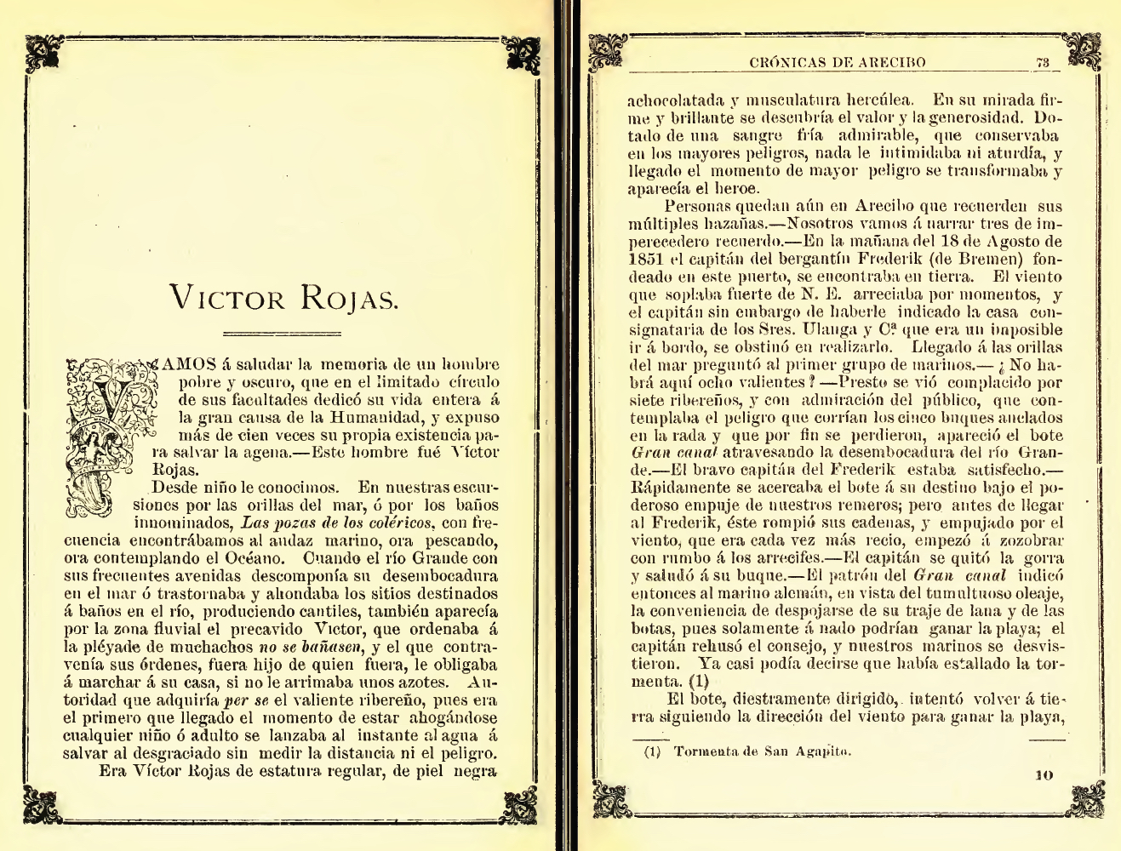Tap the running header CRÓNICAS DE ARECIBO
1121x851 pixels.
838,62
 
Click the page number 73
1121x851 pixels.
1042,62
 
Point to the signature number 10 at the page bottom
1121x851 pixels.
1045,774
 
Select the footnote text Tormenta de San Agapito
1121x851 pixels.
762,751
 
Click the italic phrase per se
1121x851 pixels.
244,702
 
